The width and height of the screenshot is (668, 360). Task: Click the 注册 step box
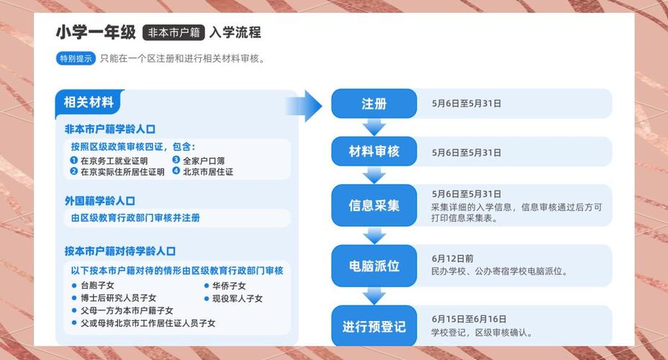[374, 104]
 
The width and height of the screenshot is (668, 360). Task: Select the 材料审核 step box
[374, 151]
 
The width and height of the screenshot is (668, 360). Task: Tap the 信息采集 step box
[374, 205]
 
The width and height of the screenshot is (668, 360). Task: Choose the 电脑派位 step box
[374, 266]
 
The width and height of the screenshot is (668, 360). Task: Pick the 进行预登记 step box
[374, 326]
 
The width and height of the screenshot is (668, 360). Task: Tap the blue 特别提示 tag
[76, 59]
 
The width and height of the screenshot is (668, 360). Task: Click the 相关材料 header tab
[89, 102]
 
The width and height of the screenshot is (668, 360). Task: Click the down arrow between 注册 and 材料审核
[374, 127]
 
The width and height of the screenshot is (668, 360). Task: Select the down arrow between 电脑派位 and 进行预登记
[374, 295]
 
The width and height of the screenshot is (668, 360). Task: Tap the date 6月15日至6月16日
[469, 319]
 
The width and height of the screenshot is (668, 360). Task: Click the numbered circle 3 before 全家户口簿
[176, 161]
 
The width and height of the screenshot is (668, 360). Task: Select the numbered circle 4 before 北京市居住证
[176, 172]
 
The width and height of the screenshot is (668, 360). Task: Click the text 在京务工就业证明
[114, 161]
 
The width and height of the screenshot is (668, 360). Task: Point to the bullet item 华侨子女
[228, 286]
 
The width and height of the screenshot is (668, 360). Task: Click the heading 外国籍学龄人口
[99, 201]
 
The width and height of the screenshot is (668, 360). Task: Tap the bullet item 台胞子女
[97, 286]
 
